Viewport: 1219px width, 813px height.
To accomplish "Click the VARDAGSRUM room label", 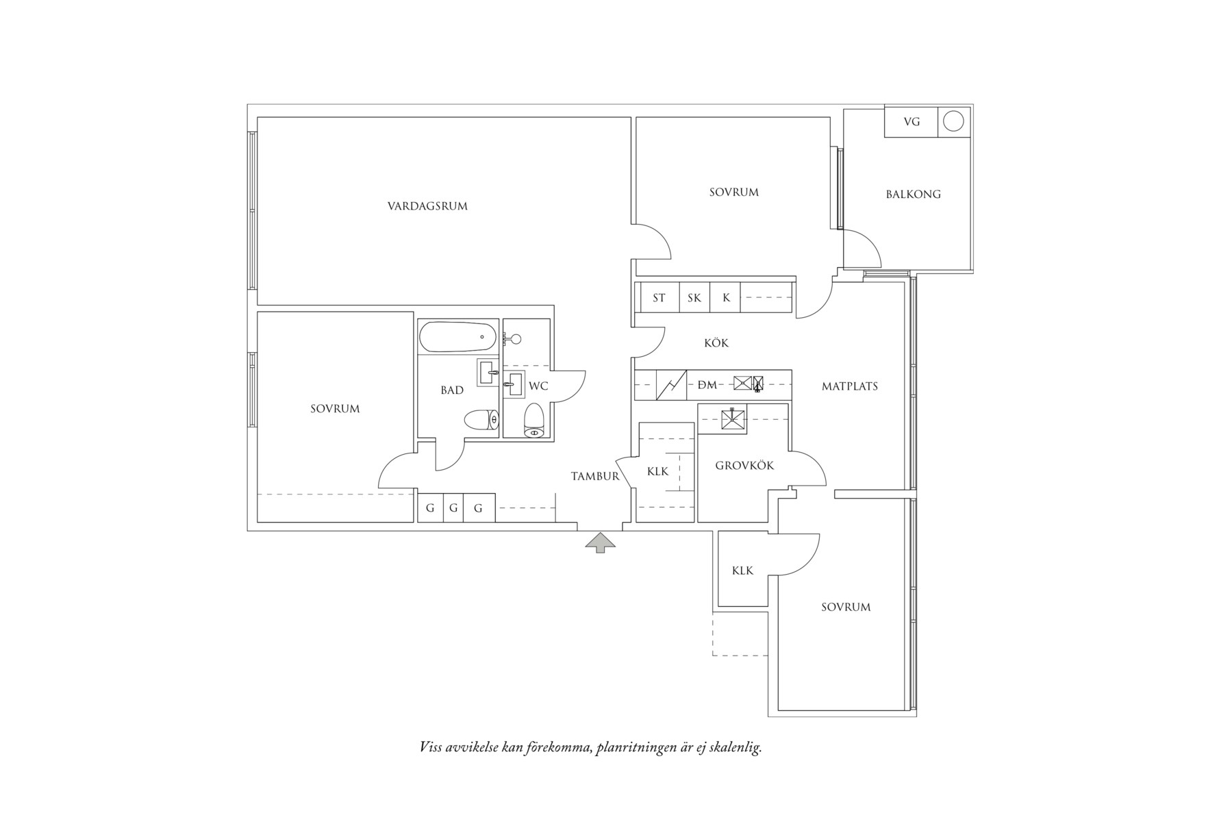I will [x=427, y=205].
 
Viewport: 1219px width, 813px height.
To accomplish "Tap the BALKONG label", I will [x=913, y=195].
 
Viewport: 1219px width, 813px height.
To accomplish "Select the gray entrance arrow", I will [x=601, y=542].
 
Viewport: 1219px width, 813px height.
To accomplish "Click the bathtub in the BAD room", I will [x=457, y=337].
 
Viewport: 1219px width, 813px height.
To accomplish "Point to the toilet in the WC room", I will [x=533, y=419].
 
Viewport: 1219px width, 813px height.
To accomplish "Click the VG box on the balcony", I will [x=912, y=122].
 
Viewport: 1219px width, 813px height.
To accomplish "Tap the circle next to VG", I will [x=953, y=121].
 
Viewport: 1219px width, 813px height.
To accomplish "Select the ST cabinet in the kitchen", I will [x=659, y=298].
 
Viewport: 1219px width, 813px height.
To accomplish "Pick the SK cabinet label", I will [x=694, y=298].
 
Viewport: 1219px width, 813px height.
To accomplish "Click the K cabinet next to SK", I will [x=726, y=298].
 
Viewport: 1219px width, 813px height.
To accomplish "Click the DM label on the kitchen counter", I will [x=707, y=386].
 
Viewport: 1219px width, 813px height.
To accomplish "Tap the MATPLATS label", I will [x=849, y=386].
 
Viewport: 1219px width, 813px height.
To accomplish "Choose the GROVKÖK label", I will [x=744, y=466].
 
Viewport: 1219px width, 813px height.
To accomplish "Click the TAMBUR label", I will [x=595, y=476].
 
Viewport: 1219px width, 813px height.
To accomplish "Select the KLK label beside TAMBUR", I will [x=657, y=472].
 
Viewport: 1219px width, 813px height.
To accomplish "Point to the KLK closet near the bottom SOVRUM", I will [x=742, y=570].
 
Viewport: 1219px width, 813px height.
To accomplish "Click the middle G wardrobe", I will [x=453, y=508].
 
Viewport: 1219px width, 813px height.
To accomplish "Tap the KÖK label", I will [x=716, y=342].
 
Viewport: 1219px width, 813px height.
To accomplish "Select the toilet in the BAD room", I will [x=481, y=420].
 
